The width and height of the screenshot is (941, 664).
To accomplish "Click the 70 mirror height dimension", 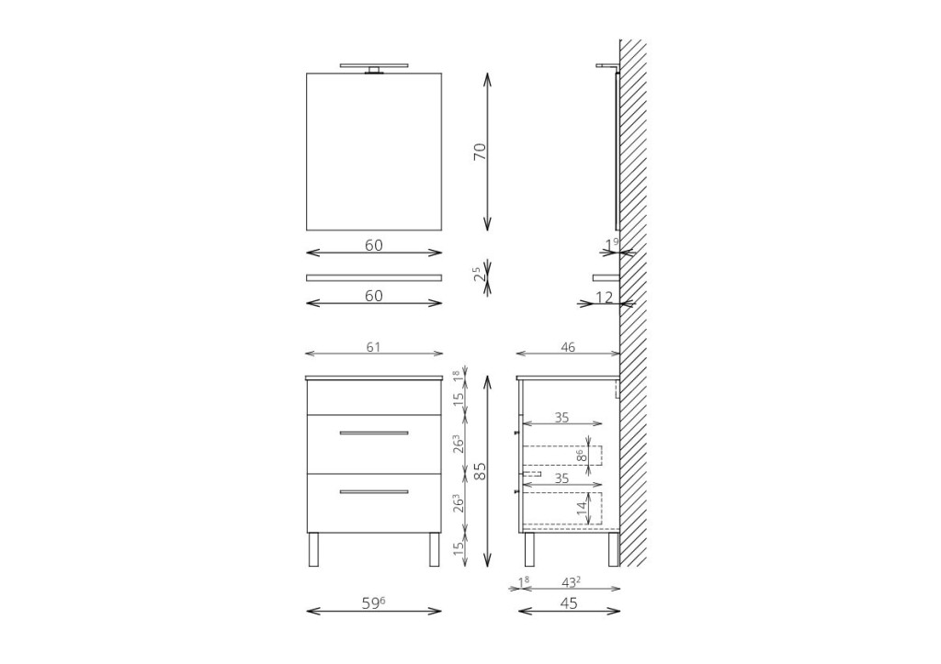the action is click(x=480, y=152).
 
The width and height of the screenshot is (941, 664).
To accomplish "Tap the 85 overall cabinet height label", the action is click(x=480, y=471).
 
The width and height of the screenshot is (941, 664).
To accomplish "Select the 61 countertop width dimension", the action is click(x=373, y=347).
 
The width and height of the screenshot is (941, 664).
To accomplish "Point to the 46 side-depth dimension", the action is click(x=568, y=347).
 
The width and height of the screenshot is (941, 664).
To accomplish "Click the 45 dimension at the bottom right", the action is click(x=568, y=602).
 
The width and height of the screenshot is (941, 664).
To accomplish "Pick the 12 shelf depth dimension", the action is click(x=605, y=297).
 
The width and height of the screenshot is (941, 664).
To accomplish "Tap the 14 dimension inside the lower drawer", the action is click(x=581, y=509).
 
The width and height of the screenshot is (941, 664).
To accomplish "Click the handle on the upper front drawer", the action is click(x=374, y=433).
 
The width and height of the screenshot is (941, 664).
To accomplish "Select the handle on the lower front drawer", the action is click(x=374, y=492).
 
